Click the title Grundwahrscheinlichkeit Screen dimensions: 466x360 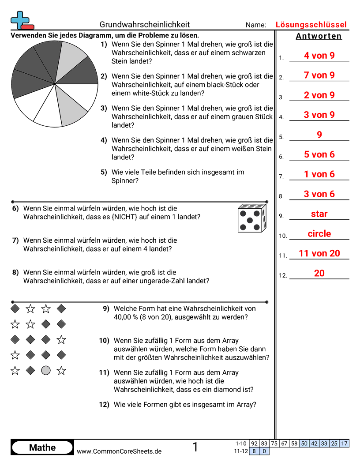(145, 25)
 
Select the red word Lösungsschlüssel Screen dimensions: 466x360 (311, 25)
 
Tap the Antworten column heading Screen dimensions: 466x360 (319, 36)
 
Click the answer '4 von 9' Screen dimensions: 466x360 (319, 56)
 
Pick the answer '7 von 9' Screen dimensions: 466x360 (319, 75)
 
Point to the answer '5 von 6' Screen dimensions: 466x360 (319, 154)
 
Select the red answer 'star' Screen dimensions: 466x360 (319, 214)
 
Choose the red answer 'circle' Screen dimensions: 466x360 (319, 234)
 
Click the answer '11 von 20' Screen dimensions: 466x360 (319, 253)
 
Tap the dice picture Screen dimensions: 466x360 (252, 218)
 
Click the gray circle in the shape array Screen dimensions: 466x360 (46, 371)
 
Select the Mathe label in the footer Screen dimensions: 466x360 (42, 447)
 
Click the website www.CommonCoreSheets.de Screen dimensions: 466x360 (119, 451)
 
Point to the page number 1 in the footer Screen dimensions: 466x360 (195, 447)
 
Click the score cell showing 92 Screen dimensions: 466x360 (254, 443)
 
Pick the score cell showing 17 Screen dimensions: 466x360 (344, 443)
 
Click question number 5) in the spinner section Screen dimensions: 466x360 (104, 172)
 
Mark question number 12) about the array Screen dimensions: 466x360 (104, 404)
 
